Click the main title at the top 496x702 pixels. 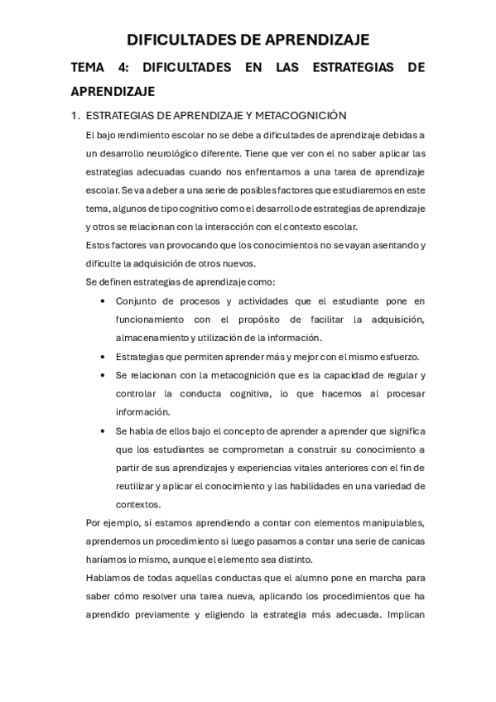248,40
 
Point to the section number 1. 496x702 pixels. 75,115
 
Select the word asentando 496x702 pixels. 390,245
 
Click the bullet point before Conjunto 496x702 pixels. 102,301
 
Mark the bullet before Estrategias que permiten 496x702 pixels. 102,357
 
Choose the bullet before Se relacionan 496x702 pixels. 102,375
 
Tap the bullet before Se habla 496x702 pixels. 102,431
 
